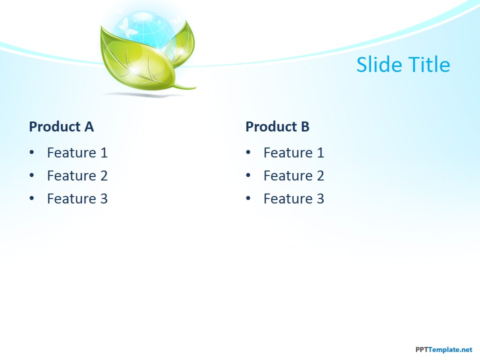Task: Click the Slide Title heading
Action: (403, 65)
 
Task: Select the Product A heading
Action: (61, 127)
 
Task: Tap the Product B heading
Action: (277, 127)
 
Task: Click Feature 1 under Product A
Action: (77, 153)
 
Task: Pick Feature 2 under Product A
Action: (77, 176)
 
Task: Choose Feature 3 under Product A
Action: (77, 199)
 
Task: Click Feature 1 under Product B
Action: (293, 153)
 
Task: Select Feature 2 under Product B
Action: (293, 176)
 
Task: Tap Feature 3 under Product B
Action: (293, 199)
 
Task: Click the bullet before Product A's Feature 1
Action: (32, 153)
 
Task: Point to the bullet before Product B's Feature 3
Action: (248, 199)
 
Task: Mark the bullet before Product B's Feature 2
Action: (248, 176)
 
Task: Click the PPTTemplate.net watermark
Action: (443, 350)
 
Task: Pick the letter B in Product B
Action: (304, 127)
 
